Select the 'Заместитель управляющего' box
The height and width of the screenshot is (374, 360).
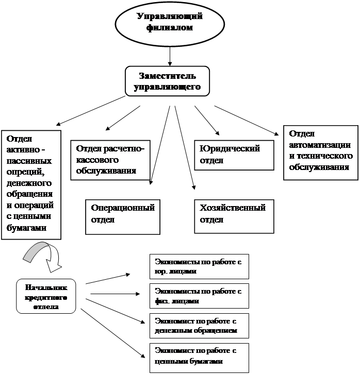(x=167, y=81)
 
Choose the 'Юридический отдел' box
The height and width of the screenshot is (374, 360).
(x=234, y=155)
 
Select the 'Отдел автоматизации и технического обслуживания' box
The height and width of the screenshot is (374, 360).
(x=320, y=152)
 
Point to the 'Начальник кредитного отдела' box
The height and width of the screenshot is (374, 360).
(x=45, y=297)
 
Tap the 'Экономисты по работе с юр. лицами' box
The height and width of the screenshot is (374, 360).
(x=199, y=266)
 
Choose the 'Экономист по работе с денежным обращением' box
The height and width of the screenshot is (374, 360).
(x=199, y=325)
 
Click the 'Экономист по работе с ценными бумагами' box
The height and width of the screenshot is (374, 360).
(x=199, y=356)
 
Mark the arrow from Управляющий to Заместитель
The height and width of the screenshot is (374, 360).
(x=170, y=55)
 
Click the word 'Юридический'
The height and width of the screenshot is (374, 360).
(x=230, y=149)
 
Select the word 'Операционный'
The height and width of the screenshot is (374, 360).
(x=123, y=208)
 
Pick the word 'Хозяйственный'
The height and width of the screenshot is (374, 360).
(x=233, y=208)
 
